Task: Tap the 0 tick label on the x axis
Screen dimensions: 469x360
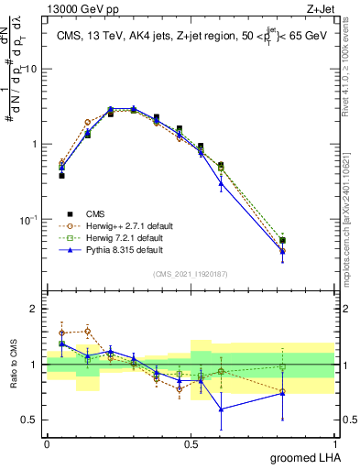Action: point(47,442)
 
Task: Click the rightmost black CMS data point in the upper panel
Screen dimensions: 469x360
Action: point(308,241)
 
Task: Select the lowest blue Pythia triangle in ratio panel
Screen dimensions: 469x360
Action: point(222,409)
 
